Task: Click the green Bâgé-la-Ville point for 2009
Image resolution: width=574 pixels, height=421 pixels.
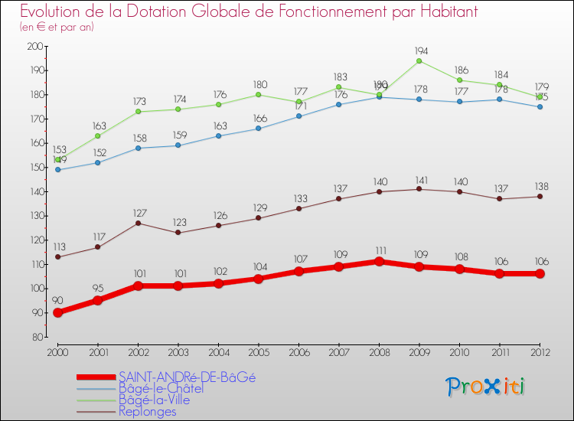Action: point(419,60)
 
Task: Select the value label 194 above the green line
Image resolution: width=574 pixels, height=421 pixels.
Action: point(419,50)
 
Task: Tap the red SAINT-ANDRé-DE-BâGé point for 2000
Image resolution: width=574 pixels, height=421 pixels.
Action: point(57,312)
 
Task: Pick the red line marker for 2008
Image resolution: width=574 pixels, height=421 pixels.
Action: point(379,261)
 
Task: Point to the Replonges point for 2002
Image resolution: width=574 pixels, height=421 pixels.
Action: point(138,223)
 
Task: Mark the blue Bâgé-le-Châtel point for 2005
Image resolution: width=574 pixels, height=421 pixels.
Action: point(259,128)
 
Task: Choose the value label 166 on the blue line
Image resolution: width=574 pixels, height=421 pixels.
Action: point(259,118)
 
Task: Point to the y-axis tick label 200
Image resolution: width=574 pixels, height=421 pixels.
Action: point(34,46)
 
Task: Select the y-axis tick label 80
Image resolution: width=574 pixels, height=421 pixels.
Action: point(36,337)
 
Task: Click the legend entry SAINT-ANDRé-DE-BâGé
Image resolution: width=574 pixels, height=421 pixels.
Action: point(187,377)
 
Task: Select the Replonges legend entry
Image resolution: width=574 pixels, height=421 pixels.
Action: point(147,411)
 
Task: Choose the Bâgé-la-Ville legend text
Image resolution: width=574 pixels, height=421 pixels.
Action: point(154,400)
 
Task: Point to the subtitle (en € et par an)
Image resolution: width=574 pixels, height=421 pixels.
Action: point(57,27)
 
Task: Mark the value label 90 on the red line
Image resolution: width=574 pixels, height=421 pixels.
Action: point(57,301)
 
